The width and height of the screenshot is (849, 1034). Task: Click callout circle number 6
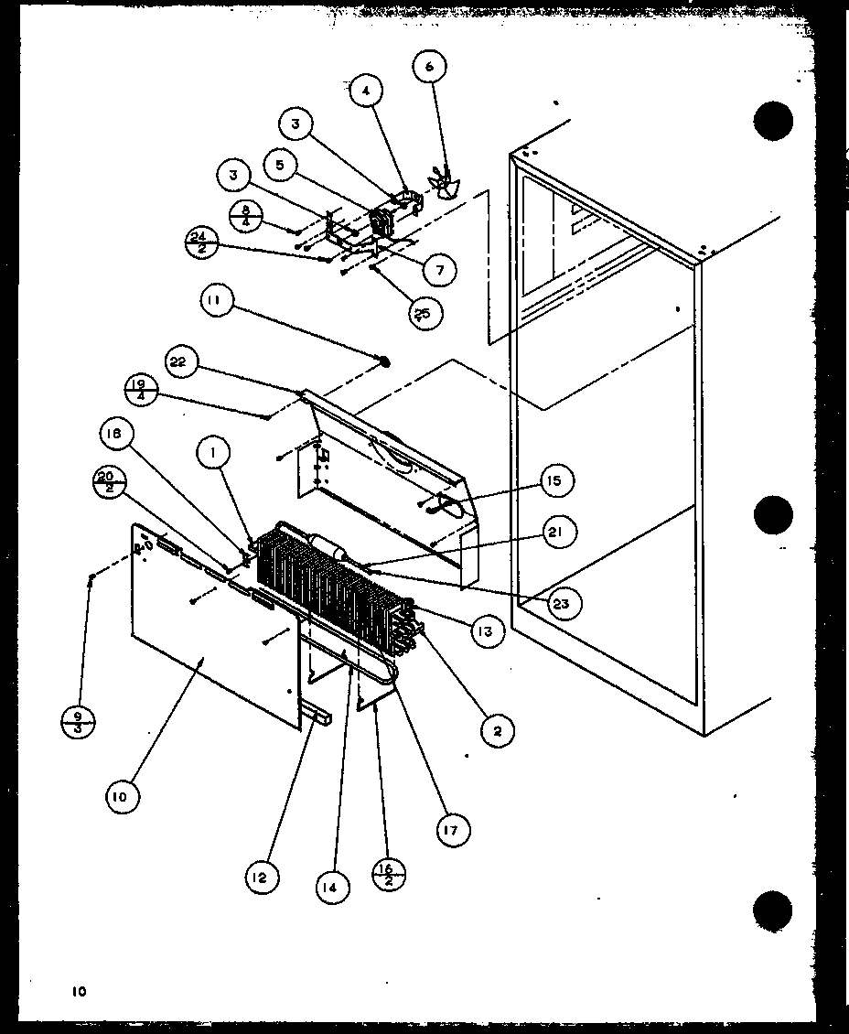(x=431, y=67)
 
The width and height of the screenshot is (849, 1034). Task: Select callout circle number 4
(x=366, y=92)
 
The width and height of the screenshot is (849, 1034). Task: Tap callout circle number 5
(x=280, y=166)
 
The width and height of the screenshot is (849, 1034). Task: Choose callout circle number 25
(x=424, y=312)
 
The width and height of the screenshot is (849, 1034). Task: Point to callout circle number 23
(x=560, y=603)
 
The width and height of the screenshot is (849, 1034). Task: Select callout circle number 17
(x=451, y=829)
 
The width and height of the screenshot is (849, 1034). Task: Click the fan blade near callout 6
(x=446, y=184)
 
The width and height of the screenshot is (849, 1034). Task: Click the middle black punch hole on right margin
(x=773, y=514)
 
